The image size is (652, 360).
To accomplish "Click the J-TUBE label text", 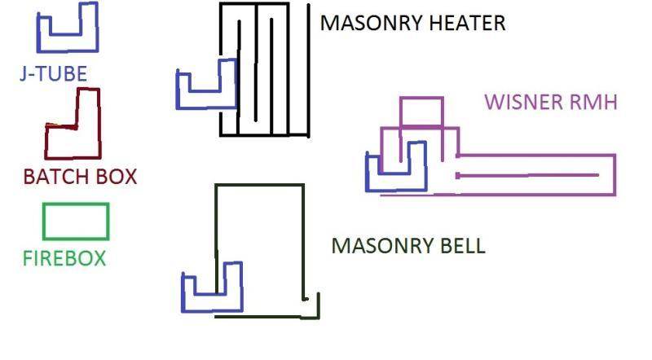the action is (54, 74).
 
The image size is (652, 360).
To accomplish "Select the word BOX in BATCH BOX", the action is (117, 177).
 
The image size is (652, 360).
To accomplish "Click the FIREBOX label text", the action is (64, 258).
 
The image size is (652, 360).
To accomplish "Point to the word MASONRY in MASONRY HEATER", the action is (371, 23).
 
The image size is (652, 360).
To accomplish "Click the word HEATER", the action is (467, 23).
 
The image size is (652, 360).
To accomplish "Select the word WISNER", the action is (523, 103).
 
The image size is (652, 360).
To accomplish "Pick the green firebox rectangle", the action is (43, 222).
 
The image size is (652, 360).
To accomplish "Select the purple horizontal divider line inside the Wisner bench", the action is (527, 175).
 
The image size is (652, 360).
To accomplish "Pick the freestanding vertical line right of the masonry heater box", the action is (309, 71).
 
